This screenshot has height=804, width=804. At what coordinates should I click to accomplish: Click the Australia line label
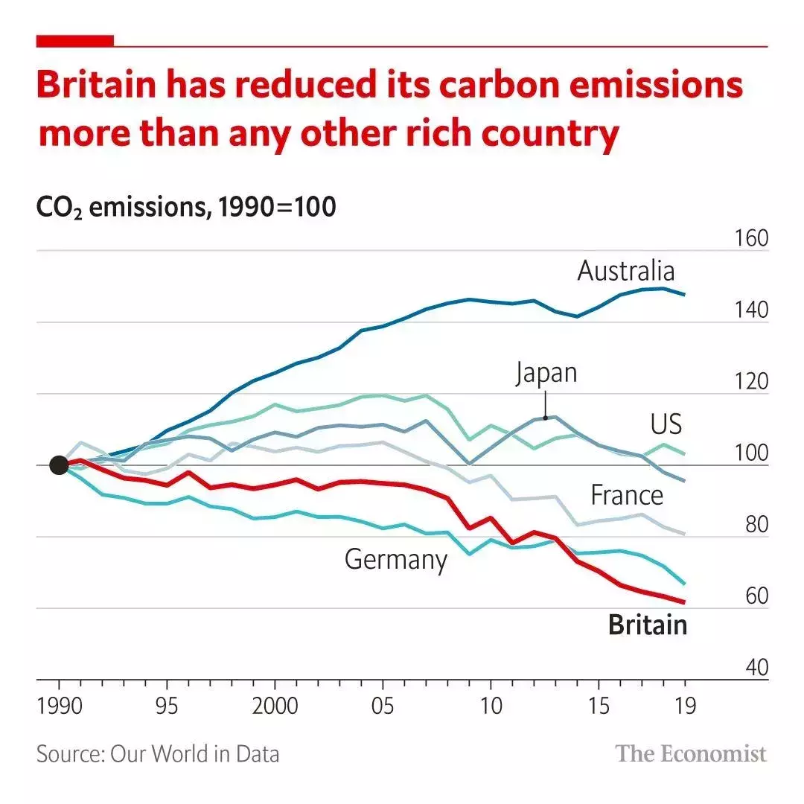pyautogui.click(x=625, y=271)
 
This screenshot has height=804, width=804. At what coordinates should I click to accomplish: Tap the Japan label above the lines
pyautogui.click(x=546, y=372)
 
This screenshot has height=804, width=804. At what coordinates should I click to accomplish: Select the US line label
pyautogui.click(x=666, y=424)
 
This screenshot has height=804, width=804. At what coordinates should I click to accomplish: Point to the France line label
pyautogui.click(x=626, y=495)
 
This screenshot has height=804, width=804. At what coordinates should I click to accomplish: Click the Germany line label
pyautogui.click(x=395, y=560)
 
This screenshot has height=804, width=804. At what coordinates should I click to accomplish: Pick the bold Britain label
pyautogui.click(x=647, y=625)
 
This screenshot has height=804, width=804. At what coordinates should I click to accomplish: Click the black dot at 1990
pyautogui.click(x=59, y=465)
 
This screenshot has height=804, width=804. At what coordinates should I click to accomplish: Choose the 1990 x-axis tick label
pyautogui.click(x=59, y=706)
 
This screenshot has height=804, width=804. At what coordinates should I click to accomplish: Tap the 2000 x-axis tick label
pyautogui.click(x=275, y=706)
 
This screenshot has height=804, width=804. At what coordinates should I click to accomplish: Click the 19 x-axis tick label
pyautogui.click(x=683, y=706)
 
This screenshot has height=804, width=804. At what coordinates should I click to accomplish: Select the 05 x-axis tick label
pyautogui.click(x=382, y=706)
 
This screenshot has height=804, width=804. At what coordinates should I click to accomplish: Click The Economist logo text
pyautogui.click(x=690, y=753)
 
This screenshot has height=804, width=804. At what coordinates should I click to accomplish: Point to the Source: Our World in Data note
pyautogui.click(x=158, y=753)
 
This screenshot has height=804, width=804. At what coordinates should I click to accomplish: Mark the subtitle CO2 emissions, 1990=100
pyautogui.click(x=186, y=208)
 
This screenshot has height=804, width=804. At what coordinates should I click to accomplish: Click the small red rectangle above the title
pyautogui.click(x=75, y=41)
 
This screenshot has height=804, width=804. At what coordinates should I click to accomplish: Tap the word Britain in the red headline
pyautogui.click(x=95, y=86)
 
